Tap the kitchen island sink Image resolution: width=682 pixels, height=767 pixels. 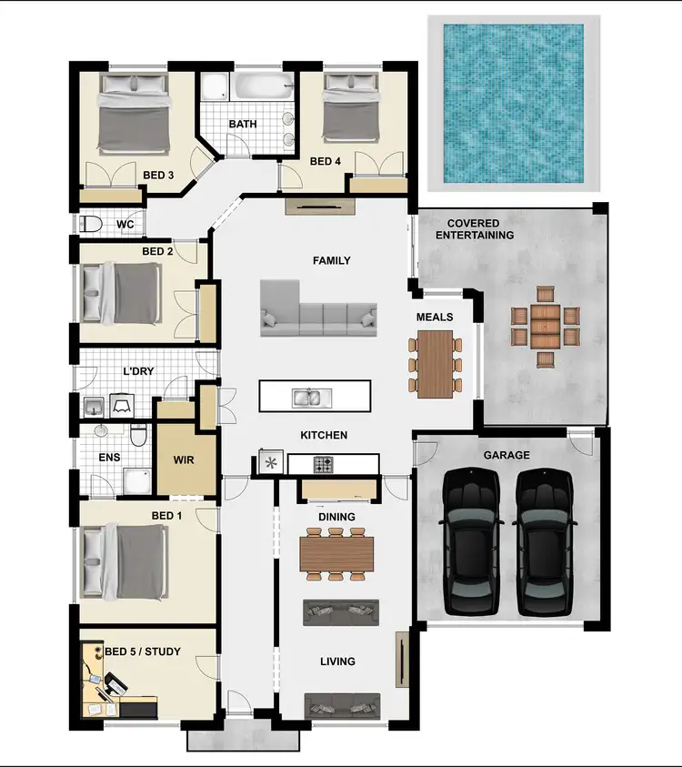(x=306, y=397)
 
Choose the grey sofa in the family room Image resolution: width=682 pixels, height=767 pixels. (x=318, y=306)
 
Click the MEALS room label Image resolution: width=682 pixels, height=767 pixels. (x=434, y=317)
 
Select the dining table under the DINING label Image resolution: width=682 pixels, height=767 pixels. (x=336, y=550)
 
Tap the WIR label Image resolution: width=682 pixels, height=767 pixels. (x=184, y=461)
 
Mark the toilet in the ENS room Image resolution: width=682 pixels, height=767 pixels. (x=138, y=436)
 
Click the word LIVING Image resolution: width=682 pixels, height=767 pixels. (x=336, y=661)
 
